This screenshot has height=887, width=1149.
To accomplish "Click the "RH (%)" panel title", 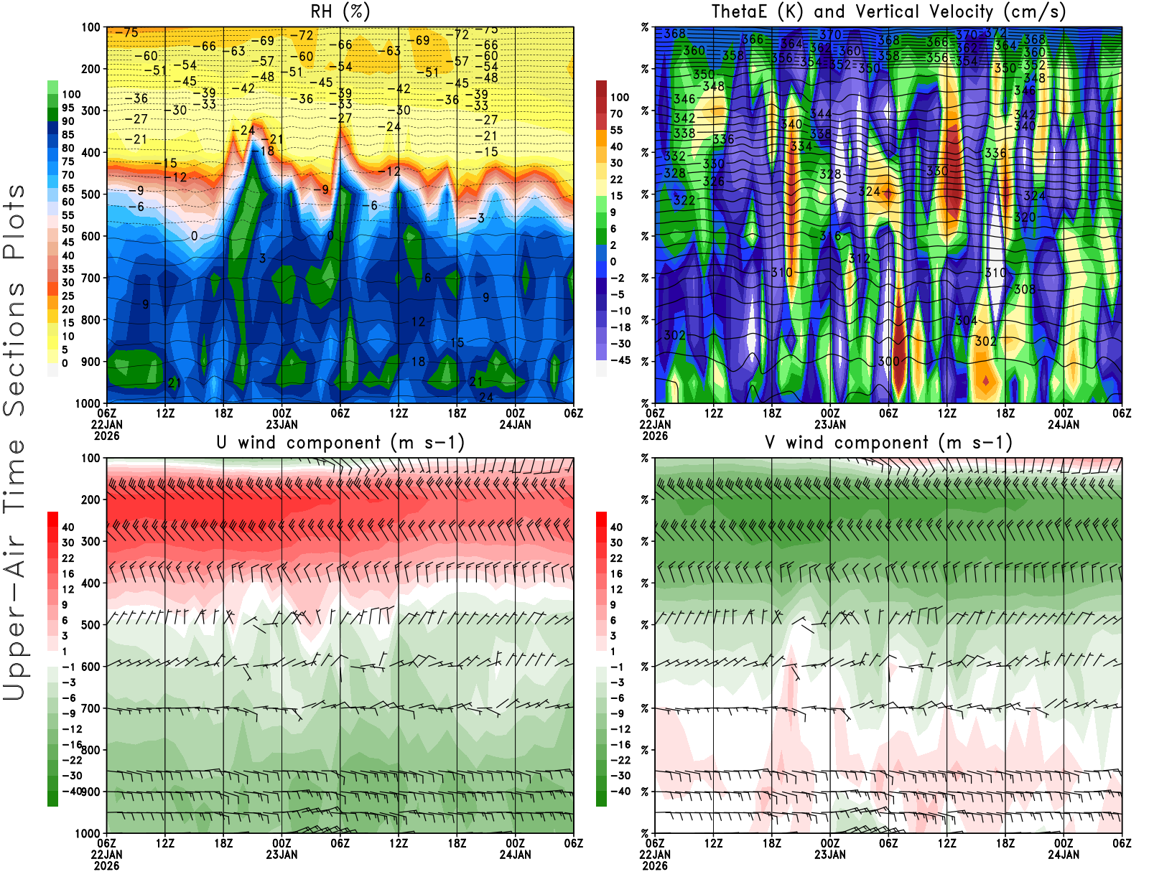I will click(340, 11).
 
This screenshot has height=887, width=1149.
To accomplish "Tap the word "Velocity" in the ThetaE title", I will click(952, 11).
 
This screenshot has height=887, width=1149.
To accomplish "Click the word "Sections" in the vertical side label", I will click(14, 348).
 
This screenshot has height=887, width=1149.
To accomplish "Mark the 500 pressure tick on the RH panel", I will click(90, 194).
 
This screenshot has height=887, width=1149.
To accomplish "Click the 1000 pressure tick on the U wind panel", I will click(88, 833).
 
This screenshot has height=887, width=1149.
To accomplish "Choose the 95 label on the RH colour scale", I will click(68, 108).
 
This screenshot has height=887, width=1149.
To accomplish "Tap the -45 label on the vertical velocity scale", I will click(620, 360).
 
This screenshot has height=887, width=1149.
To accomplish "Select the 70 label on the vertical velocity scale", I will click(616, 113).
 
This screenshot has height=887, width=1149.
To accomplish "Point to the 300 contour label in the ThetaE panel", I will click(888, 361).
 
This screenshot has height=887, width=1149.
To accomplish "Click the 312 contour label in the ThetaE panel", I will click(859, 258).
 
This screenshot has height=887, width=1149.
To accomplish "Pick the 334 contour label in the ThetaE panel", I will click(801, 146).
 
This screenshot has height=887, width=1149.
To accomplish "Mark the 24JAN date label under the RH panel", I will click(515, 424).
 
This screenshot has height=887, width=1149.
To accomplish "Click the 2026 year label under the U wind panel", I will click(106, 865).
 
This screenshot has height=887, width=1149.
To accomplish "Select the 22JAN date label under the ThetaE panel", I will click(655, 424).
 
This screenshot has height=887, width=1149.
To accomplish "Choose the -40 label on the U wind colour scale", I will click(72, 791).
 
